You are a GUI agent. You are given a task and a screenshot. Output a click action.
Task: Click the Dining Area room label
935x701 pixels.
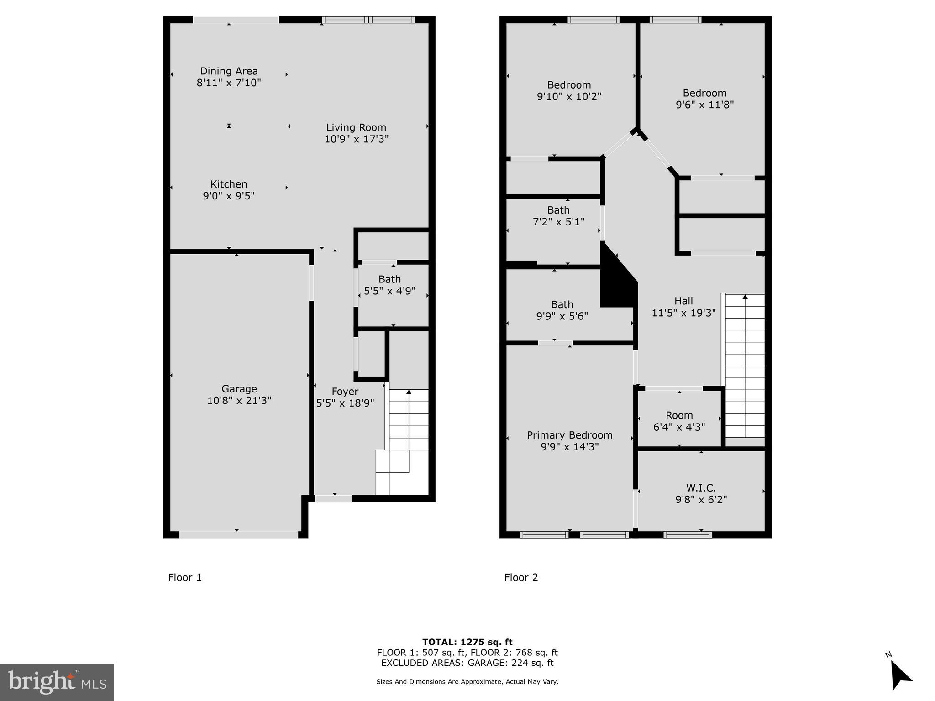click(229, 71)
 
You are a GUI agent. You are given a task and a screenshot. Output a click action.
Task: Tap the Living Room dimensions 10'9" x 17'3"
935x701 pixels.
click(356, 139)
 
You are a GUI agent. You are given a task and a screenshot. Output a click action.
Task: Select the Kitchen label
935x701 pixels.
click(229, 184)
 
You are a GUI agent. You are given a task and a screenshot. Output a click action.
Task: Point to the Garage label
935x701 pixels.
click(239, 389)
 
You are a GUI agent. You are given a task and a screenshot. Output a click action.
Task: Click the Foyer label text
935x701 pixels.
click(345, 392)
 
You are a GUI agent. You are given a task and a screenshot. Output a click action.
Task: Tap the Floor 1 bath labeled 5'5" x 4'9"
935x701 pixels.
click(389, 285)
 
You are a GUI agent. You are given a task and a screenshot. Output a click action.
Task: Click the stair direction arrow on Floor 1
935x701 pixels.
click(409, 392)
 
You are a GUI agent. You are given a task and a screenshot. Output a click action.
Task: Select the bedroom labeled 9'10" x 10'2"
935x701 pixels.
click(569, 90)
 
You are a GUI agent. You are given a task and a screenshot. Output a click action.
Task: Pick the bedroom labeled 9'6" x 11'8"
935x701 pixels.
click(704, 99)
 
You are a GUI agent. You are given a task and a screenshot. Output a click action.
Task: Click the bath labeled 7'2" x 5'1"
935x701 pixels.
click(558, 215)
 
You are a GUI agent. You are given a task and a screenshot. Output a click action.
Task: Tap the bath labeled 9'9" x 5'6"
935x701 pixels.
click(562, 310)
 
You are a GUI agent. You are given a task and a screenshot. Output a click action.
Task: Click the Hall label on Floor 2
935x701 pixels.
click(683, 301)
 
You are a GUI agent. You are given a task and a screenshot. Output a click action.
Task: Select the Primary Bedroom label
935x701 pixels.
click(569, 435)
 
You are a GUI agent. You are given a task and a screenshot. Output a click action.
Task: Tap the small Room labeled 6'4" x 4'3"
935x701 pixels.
click(679, 421)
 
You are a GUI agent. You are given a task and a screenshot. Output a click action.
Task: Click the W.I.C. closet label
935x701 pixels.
click(701, 488)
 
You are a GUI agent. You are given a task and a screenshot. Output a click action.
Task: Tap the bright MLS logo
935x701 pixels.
click(57, 682)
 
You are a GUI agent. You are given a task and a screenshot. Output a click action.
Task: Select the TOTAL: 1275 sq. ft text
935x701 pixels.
click(467, 642)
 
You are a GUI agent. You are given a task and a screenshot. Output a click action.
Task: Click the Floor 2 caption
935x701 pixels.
click(521, 577)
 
